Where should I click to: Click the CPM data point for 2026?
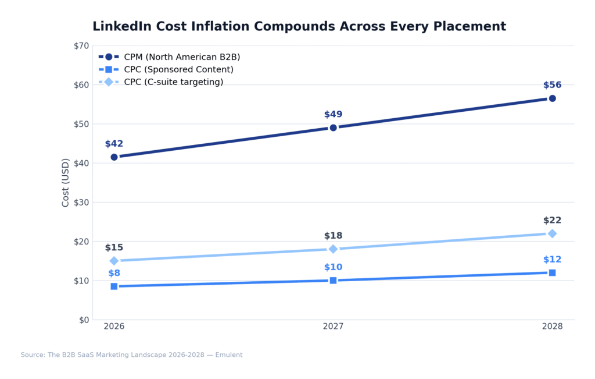114,157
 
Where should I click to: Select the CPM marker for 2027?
333,127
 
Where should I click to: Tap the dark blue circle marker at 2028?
552,98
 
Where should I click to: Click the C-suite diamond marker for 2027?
333,249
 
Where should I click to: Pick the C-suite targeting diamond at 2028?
552,233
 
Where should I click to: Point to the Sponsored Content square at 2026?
114,286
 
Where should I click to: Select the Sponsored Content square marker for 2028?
552,272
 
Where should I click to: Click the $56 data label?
552,85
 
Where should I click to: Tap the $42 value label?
114,144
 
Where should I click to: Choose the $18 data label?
333,236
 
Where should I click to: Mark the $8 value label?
114,273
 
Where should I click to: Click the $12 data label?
552,260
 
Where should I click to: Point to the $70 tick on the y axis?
81,46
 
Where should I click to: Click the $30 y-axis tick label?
81,203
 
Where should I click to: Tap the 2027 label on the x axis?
333,327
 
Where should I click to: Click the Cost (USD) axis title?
66,182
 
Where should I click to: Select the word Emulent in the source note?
229,355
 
